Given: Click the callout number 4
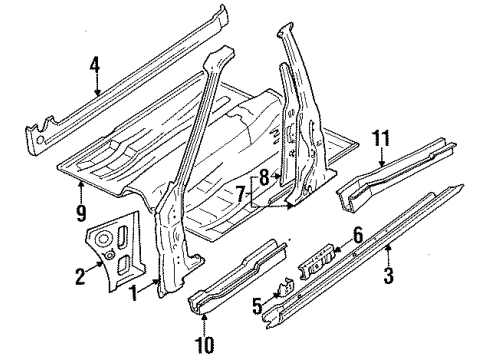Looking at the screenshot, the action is (x=95, y=65).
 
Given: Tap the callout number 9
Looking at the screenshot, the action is (x=81, y=213).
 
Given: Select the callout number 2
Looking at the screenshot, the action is (x=80, y=276).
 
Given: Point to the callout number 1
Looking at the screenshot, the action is (x=134, y=293).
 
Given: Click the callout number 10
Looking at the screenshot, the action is (x=204, y=345).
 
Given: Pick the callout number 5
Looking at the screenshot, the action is (x=257, y=306).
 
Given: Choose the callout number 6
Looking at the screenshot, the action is (x=358, y=235).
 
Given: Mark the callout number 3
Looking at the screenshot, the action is (x=388, y=276).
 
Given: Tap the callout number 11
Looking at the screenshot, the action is (x=381, y=138).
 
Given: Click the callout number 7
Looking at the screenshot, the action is (x=241, y=194).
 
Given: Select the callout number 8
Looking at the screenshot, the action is (x=264, y=178).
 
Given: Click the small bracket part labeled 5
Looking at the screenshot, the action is (x=285, y=287).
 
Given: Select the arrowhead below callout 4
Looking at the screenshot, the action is (x=97, y=92).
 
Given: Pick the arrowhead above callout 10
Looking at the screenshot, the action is (x=204, y=317).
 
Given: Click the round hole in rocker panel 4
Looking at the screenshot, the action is (x=40, y=140).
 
